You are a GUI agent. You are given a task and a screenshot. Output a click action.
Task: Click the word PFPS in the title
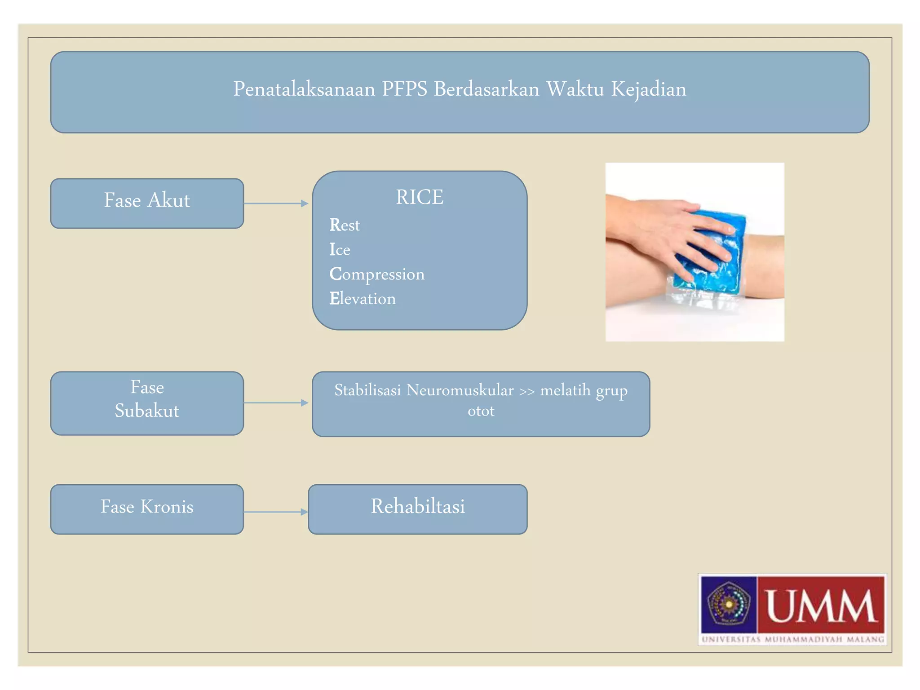(404, 89)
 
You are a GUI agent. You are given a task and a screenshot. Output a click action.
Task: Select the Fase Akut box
(147, 203)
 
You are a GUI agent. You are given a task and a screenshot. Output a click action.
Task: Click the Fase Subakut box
(147, 403)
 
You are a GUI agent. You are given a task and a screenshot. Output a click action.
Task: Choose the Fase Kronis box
(147, 509)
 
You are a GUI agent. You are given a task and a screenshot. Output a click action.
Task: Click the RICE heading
(419, 197)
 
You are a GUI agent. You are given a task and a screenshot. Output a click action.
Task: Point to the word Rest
(345, 225)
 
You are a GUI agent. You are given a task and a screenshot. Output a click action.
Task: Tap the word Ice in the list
(340, 250)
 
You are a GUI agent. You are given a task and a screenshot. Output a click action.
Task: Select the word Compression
(376, 274)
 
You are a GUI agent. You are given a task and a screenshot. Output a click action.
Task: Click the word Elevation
(363, 299)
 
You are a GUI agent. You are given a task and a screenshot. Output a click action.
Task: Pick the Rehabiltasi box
(417, 509)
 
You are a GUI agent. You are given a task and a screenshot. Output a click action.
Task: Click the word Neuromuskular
(460, 390)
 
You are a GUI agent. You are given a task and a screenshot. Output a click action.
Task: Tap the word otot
(481, 411)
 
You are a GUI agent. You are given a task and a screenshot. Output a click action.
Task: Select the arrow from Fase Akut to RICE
(276, 203)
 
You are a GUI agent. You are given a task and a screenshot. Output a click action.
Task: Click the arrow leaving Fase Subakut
(276, 403)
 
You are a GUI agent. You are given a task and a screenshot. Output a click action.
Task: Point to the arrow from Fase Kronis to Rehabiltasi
(276, 512)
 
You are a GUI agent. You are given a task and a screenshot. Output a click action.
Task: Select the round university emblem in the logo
(729, 604)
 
